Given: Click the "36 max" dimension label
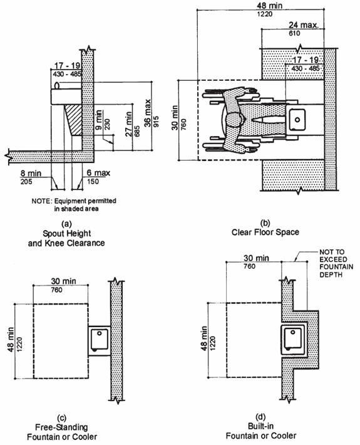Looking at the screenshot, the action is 147,113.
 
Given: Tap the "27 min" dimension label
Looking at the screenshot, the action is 128,123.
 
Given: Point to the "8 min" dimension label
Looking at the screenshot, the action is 31,173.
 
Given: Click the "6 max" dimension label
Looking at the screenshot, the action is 98,173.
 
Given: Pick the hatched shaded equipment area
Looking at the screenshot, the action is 73,120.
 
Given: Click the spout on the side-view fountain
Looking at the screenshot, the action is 57,85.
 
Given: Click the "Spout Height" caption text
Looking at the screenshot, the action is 66,234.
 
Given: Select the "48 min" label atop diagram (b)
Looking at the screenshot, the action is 270,6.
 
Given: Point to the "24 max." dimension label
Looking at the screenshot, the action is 304,25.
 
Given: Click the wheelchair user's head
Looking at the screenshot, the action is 235,120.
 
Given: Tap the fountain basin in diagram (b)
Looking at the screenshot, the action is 297,120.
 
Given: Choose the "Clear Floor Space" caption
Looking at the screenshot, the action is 265,232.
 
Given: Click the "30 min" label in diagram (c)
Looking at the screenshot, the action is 63,281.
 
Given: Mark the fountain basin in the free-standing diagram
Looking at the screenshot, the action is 100,339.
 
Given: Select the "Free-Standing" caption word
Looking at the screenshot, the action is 61,427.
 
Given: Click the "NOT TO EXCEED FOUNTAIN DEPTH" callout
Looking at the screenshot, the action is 336,263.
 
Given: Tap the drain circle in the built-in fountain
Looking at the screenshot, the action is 294,332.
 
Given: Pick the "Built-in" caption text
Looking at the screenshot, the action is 260,426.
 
